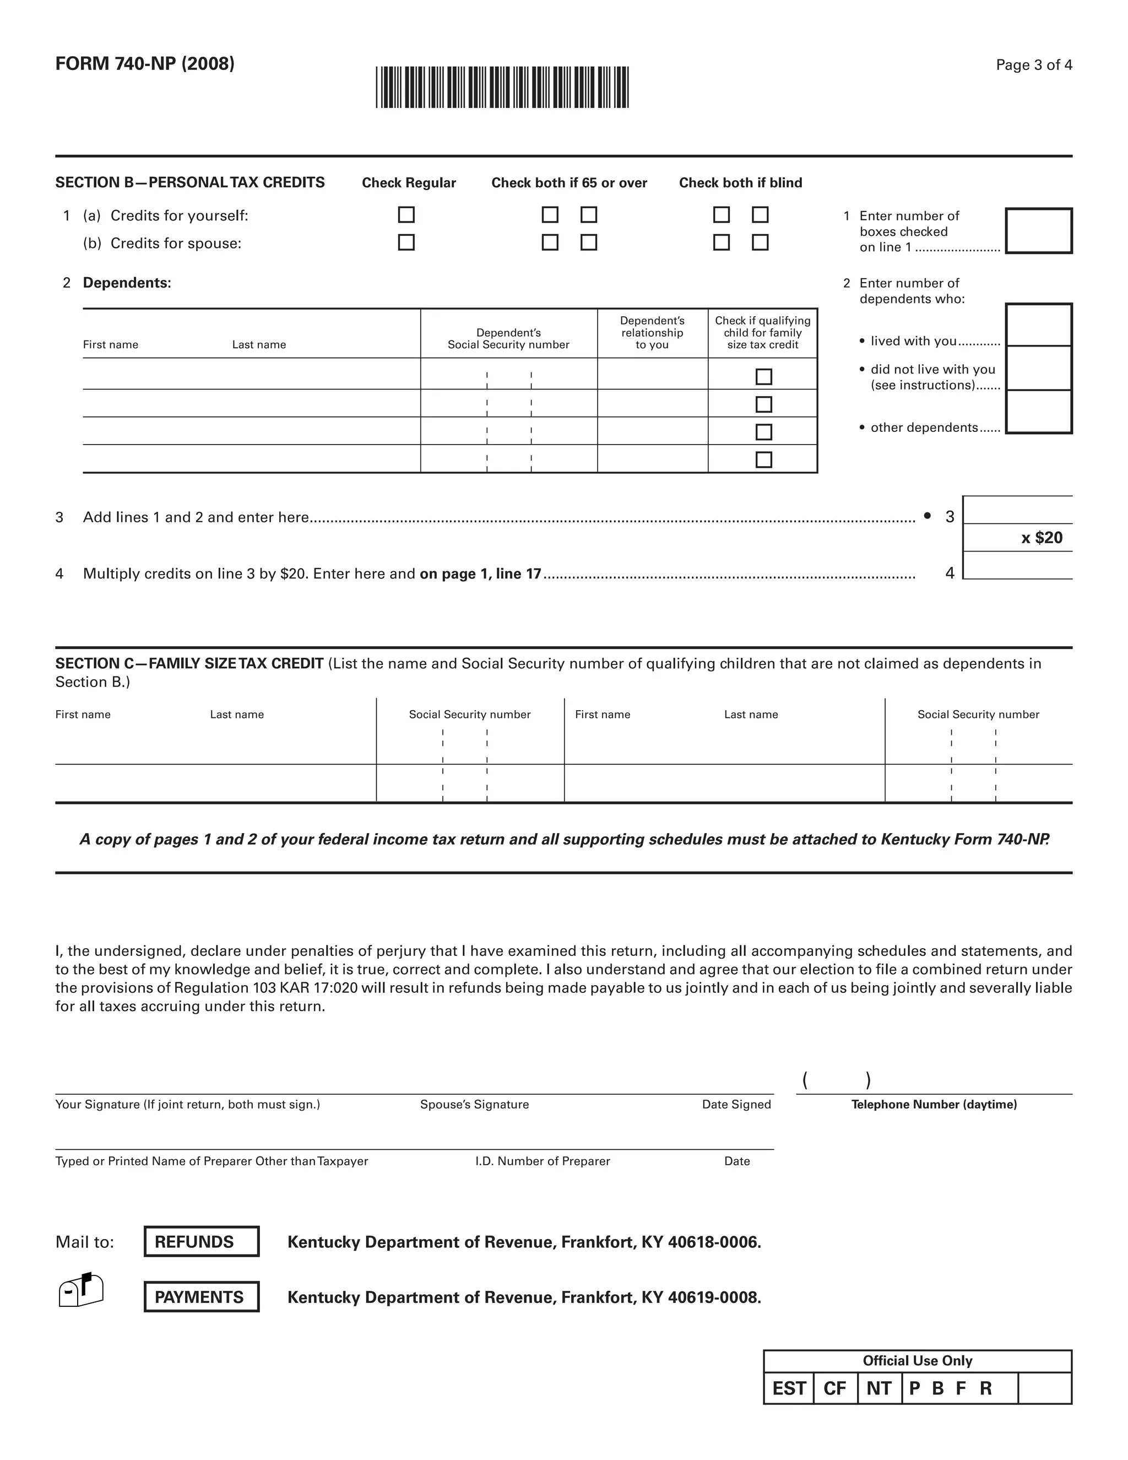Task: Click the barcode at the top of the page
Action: tap(502, 87)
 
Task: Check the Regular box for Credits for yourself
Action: tap(406, 214)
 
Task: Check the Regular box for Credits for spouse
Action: tap(406, 242)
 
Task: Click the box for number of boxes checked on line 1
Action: tap(1038, 231)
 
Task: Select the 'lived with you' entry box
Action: tap(1038, 325)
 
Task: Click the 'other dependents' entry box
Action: tap(1038, 411)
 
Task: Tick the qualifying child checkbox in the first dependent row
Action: tap(763, 377)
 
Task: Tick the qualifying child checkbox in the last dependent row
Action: tap(763, 460)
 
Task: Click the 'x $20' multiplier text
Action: tap(1041, 538)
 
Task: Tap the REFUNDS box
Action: tap(201, 1241)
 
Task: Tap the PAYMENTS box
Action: tap(201, 1297)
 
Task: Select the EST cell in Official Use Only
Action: tap(789, 1388)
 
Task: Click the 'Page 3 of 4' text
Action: tap(1034, 65)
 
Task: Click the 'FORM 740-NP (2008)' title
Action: tap(145, 63)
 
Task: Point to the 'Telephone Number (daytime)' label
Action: tap(934, 1104)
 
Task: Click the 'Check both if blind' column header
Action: tap(740, 182)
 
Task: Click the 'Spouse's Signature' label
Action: tap(474, 1104)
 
